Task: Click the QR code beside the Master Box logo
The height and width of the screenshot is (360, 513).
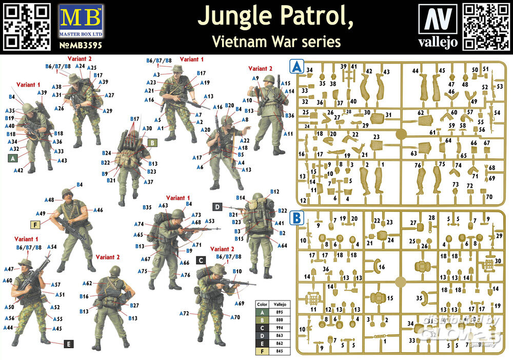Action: (26, 28)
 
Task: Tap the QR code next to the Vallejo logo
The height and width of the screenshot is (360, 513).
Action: (486, 27)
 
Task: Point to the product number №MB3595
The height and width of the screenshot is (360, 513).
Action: (81, 45)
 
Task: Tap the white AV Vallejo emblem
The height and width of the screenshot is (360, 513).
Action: (438, 18)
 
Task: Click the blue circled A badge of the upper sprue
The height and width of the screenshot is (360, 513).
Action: (297, 67)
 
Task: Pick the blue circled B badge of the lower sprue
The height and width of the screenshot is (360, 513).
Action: (297, 217)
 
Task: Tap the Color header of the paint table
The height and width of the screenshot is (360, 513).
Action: (263, 304)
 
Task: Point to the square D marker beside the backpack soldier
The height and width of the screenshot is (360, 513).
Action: (217, 207)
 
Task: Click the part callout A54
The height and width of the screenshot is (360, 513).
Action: (52, 247)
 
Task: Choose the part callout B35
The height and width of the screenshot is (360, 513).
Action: (148, 207)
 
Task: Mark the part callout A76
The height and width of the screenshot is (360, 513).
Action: (185, 275)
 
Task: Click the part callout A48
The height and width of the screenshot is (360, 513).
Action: (49, 200)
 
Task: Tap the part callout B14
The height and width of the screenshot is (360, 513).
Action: (241, 197)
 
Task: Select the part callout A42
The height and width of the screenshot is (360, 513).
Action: (18, 170)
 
